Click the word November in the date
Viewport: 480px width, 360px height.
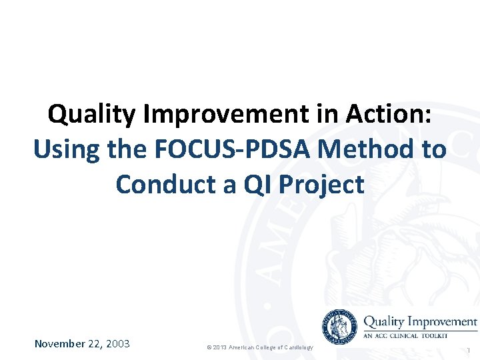(59, 344)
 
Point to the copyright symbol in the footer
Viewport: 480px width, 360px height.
(209, 348)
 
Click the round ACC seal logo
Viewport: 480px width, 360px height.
(340, 327)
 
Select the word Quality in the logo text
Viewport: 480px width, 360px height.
(383, 322)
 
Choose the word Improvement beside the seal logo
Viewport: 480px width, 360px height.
(443, 322)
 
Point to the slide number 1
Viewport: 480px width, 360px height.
(469, 350)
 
